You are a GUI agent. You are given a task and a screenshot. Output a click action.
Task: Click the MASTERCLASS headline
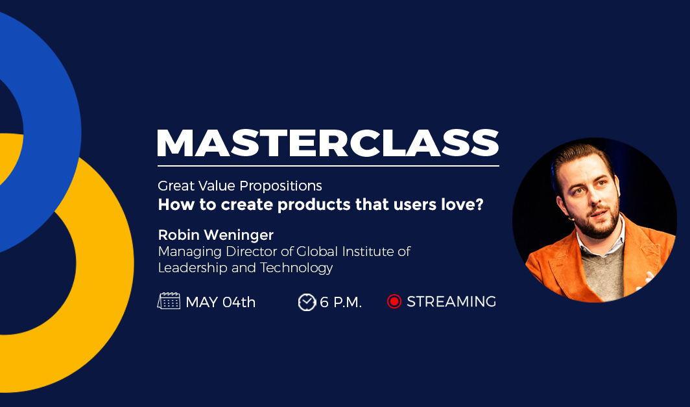click(x=328, y=143)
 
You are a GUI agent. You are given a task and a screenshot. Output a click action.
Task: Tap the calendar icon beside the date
click(x=169, y=301)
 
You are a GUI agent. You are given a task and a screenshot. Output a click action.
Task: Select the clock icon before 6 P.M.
click(x=307, y=302)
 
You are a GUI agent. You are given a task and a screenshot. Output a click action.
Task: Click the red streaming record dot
click(x=394, y=301)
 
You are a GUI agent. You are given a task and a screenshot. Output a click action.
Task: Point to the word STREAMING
click(x=451, y=302)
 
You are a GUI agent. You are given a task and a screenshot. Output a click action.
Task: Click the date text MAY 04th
click(x=220, y=302)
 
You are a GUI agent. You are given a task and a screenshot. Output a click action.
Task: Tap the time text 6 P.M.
click(x=340, y=302)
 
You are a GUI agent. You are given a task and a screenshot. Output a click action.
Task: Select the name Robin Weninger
click(x=215, y=235)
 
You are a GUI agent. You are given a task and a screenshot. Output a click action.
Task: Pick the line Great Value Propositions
click(x=240, y=186)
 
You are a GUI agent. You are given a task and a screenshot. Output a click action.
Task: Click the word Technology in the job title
click(x=296, y=268)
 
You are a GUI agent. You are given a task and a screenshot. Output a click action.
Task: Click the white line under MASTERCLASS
click(x=328, y=166)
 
